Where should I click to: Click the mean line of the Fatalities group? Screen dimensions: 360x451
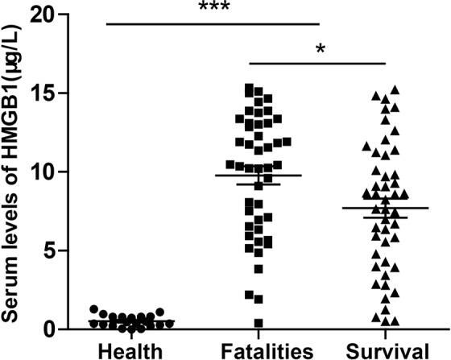point(259,176)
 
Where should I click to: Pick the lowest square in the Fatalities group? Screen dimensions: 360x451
point(259,324)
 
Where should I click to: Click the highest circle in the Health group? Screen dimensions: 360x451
point(93,309)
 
